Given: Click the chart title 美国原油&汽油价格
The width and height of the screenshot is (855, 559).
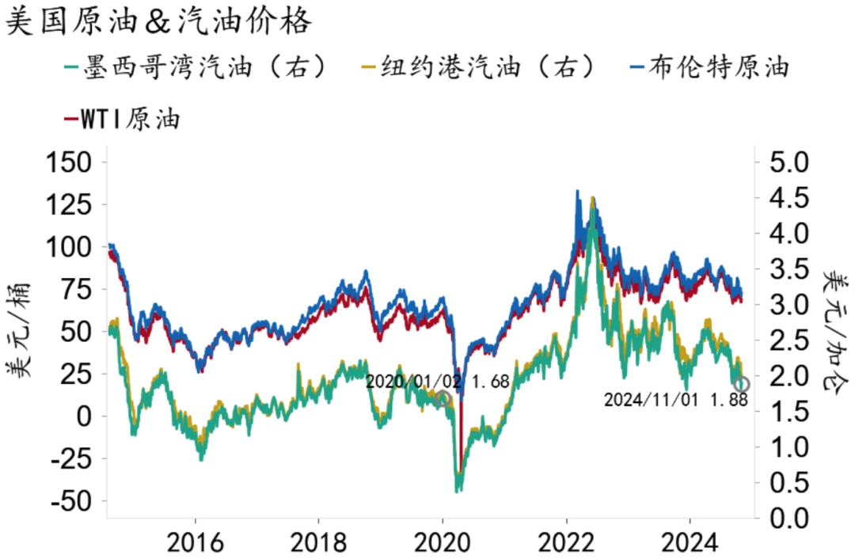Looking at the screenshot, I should (158, 22).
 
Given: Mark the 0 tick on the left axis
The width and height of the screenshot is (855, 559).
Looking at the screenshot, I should (88, 416).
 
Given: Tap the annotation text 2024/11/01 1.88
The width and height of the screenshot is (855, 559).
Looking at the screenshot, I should (675, 401).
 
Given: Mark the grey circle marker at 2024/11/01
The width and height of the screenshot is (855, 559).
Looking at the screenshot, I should (741, 385).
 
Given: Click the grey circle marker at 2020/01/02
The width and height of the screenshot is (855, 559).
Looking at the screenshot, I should (443, 398).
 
